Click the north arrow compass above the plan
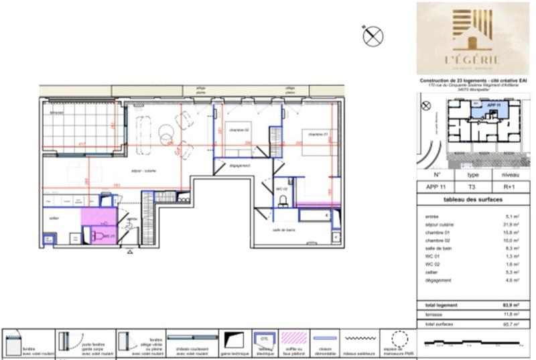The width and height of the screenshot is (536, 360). tap(373, 36)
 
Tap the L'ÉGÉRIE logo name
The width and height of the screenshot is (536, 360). tap(476, 59)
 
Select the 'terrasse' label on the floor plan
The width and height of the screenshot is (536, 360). tap(55, 113)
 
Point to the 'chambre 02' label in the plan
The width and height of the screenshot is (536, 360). tap(239, 129)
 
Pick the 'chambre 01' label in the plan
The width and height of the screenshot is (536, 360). tap(318, 134)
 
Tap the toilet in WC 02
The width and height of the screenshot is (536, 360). tap(284, 199)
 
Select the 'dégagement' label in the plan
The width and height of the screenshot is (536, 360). tap(239, 165)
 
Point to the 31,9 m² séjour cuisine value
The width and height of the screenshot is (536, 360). tap(513, 225)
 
